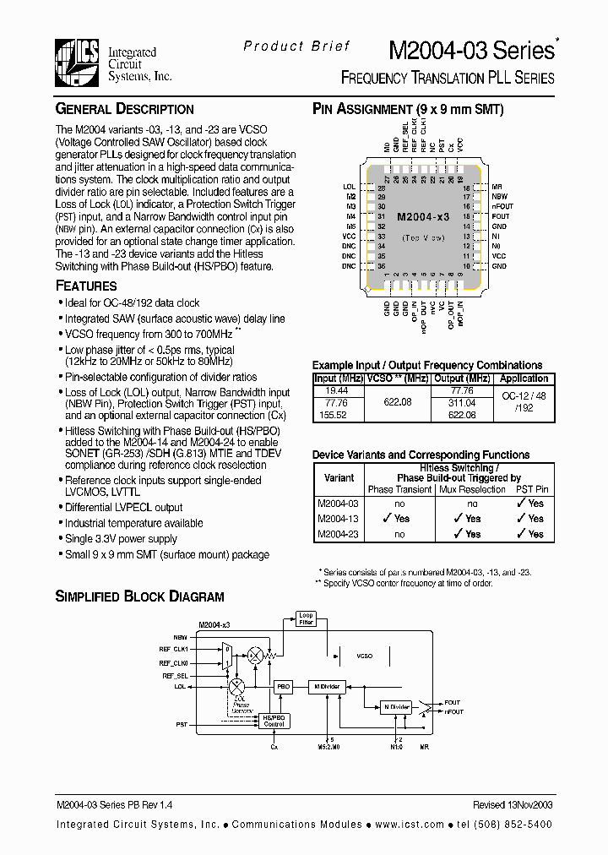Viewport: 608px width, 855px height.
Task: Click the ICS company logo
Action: [x=78, y=62]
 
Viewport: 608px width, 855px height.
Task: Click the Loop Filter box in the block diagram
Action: [x=307, y=619]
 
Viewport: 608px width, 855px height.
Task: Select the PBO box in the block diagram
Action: [x=285, y=688]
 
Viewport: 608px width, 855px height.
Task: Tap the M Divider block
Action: [x=327, y=687]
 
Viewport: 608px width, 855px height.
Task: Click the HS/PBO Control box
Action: [x=274, y=720]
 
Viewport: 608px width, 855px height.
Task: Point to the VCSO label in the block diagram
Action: [x=365, y=656]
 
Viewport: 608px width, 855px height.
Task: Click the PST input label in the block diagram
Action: [x=182, y=725]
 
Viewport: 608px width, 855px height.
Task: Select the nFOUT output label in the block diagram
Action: [x=453, y=712]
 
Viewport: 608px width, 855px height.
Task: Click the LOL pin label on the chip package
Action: [x=350, y=187]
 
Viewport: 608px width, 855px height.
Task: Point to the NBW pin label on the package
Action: [x=500, y=196]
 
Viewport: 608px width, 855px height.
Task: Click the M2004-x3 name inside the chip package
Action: [x=423, y=217]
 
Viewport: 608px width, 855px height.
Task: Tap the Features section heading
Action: [x=86, y=286]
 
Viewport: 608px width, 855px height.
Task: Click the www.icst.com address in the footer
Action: [x=411, y=824]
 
